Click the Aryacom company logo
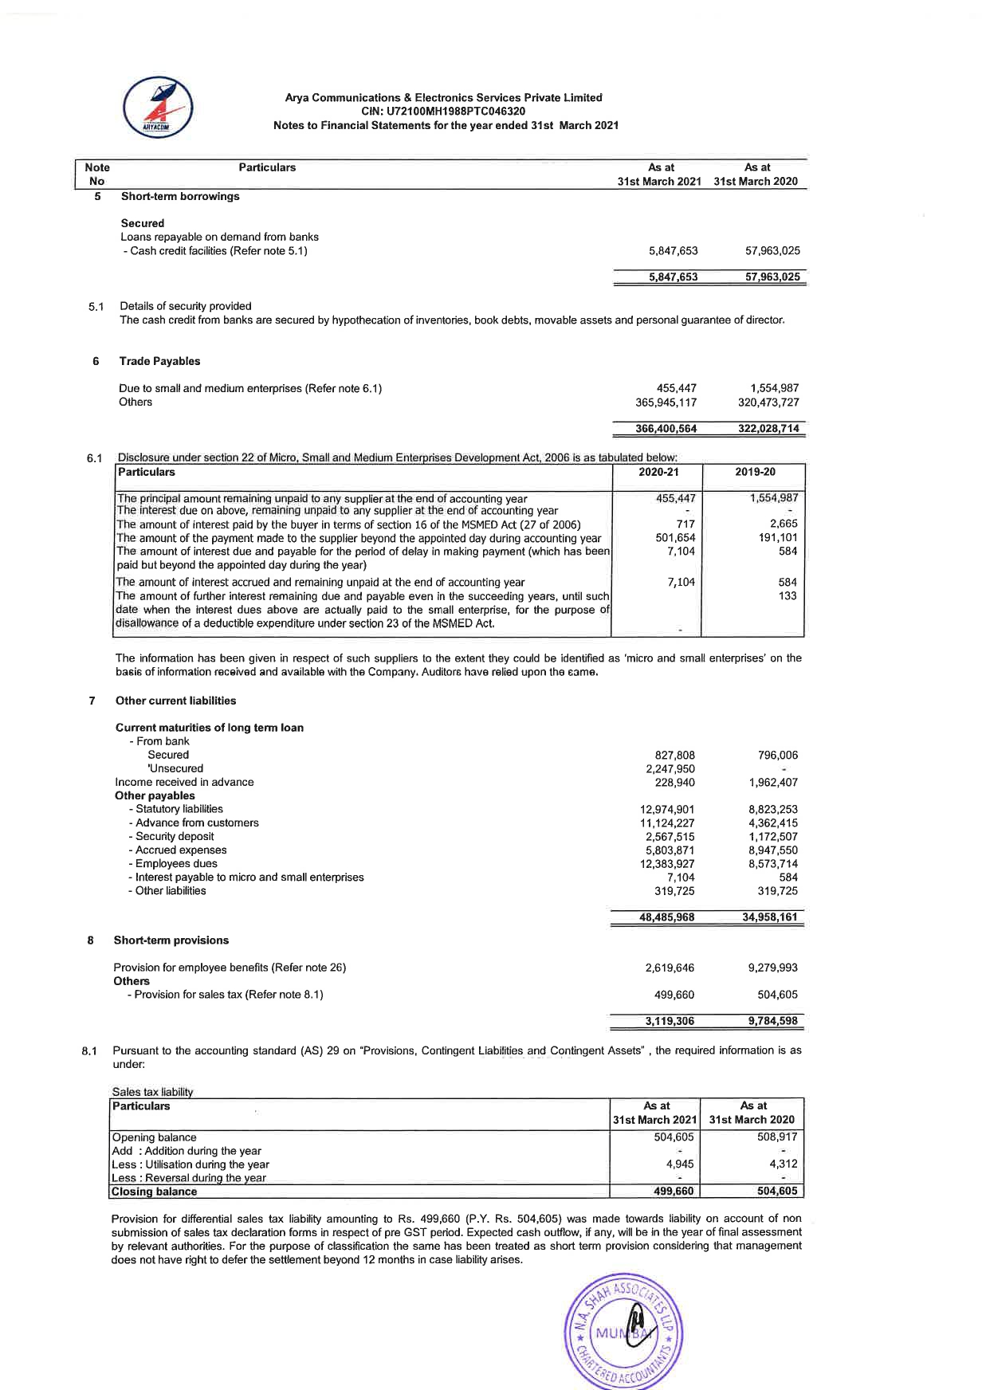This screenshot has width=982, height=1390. [x=158, y=107]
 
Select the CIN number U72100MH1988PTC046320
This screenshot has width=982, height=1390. [x=443, y=112]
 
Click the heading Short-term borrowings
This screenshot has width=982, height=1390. [x=180, y=197]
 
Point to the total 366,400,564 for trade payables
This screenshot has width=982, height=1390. [x=666, y=429]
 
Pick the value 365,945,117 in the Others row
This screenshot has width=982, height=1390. [x=666, y=402]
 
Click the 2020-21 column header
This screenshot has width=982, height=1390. [x=657, y=472]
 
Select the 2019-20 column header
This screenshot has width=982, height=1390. [x=755, y=472]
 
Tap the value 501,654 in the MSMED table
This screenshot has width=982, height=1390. [x=675, y=538]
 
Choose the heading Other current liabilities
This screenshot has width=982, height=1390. [x=175, y=701]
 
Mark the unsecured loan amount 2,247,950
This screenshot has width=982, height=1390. [x=670, y=769]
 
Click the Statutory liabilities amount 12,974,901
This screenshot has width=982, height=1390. [x=667, y=810]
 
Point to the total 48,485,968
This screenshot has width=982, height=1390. [x=666, y=917]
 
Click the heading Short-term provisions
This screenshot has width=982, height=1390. [x=171, y=940]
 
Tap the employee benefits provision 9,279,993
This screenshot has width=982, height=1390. [x=772, y=968]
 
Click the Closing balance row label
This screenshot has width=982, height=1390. [x=154, y=1192]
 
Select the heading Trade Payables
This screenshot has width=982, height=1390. [x=159, y=362]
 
